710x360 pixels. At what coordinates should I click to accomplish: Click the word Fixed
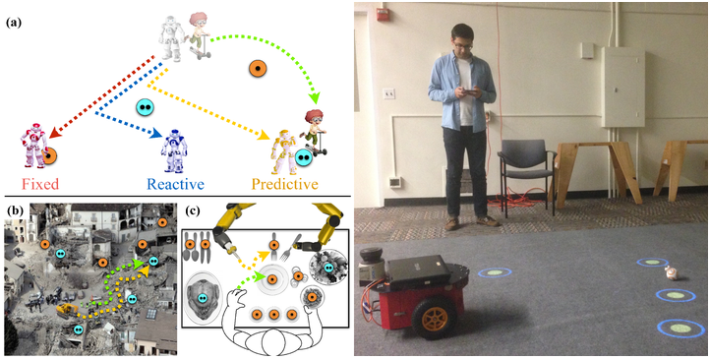[39, 184]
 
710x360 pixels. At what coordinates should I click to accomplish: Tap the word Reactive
[176, 184]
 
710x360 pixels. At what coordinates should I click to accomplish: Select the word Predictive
[285, 184]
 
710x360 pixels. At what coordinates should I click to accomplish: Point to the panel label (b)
[14, 211]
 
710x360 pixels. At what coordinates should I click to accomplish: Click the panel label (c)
[195, 211]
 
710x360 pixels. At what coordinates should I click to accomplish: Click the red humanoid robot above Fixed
[34, 144]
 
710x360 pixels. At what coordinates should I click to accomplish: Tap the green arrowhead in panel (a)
[315, 97]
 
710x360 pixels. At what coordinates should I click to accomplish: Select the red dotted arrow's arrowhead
[54, 132]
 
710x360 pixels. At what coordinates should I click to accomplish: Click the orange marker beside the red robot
[49, 155]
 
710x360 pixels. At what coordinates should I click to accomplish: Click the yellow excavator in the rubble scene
[67, 311]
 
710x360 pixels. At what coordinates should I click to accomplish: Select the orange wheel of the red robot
[434, 319]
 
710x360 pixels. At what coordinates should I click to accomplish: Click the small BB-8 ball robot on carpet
[672, 272]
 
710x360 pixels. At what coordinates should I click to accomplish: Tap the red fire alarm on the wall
[382, 15]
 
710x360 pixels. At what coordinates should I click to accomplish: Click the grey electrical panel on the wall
[623, 87]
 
